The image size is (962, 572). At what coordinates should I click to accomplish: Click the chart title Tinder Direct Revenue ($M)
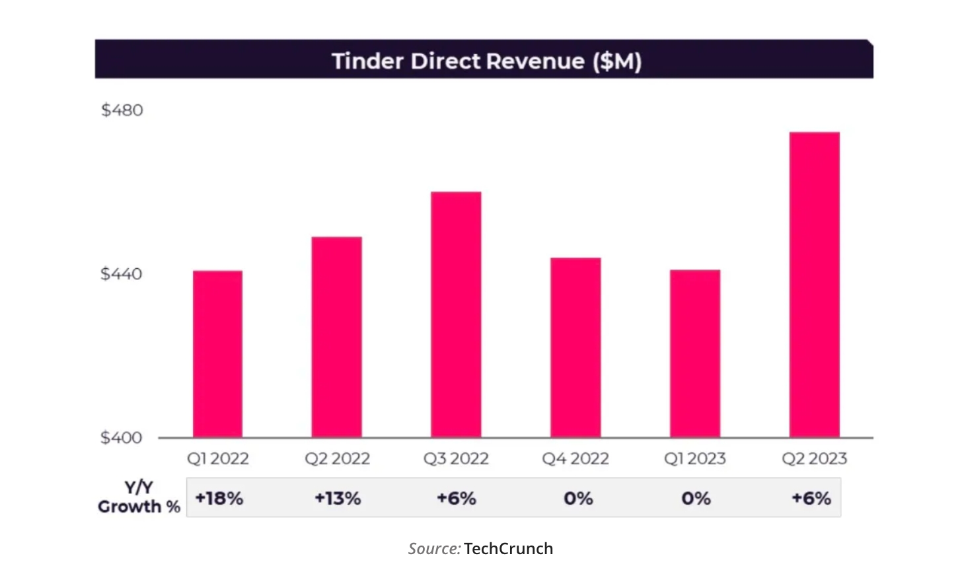coord(486,61)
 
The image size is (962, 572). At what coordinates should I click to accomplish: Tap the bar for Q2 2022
coord(336,337)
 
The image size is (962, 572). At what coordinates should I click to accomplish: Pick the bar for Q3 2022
coord(456,314)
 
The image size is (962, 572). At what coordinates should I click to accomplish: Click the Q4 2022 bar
coord(575,347)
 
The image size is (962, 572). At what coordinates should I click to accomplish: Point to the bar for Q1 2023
coord(695,353)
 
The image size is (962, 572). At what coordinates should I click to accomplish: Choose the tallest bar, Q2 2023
coord(814,285)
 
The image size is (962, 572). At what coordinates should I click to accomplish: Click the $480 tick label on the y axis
coord(122,110)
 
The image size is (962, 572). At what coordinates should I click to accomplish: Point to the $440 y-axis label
coord(122,273)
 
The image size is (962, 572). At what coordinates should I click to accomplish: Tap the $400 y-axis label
coord(122,437)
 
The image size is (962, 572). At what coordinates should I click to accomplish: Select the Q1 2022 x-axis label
coord(217,458)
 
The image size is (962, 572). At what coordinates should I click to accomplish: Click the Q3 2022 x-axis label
coord(456,458)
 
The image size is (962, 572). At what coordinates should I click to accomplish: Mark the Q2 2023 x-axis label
coord(814,458)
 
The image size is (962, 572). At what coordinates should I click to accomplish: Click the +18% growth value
coord(219,498)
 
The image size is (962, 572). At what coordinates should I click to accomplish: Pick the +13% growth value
coord(338,498)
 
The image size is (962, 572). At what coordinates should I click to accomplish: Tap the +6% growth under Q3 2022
coord(457,498)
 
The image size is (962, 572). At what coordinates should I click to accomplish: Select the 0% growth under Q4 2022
coord(578,498)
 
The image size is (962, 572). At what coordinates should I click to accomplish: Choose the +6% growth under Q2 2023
coord(811,498)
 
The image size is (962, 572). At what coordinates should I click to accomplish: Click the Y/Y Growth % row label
coord(139,497)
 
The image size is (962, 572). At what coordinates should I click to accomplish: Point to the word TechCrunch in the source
coord(508,548)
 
